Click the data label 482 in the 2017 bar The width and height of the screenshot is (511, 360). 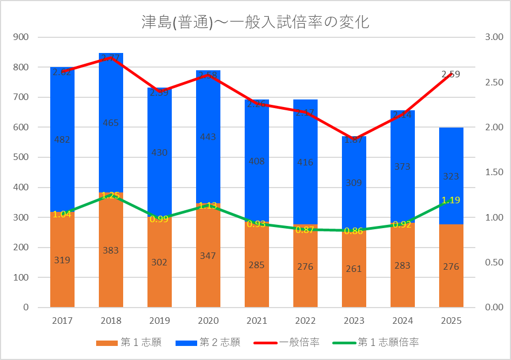click(x=62, y=139)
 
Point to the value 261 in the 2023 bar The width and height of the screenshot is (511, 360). click(x=354, y=269)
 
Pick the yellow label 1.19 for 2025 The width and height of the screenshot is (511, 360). click(x=451, y=200)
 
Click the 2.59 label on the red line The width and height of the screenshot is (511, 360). click(x=451, y=74)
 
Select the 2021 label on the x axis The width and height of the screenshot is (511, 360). click(x=257, y=321)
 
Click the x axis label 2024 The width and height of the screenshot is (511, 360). click(x=402, y=321)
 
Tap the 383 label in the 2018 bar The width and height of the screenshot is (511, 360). click(x=111, y=250)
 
